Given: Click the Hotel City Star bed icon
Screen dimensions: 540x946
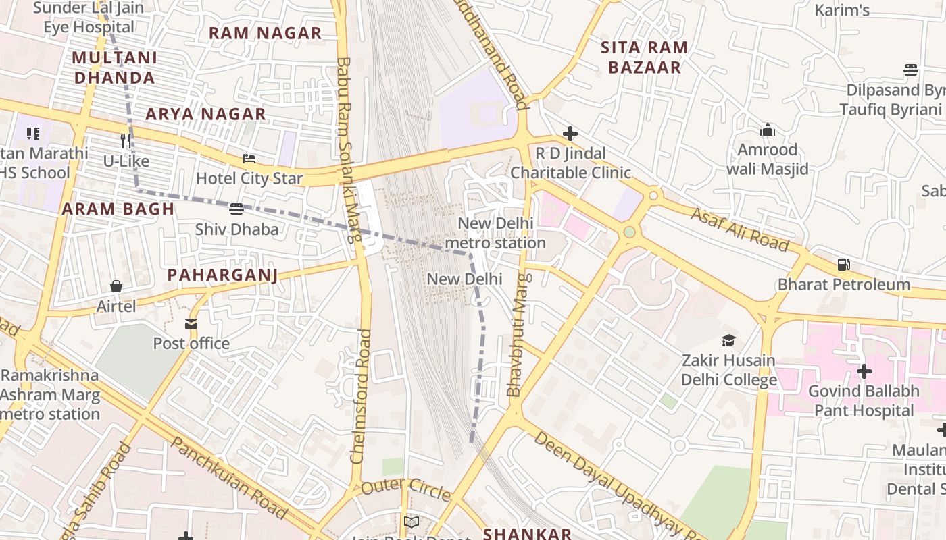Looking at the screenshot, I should [x=249, y=159].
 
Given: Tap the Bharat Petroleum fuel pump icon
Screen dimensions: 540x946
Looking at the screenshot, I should [x=843, y=265].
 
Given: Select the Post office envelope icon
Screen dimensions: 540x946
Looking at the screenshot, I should [x=191, y=324].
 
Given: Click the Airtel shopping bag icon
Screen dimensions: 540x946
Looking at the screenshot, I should [x=116, y=287].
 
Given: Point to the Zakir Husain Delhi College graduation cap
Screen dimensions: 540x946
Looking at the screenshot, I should [x=728, y=340].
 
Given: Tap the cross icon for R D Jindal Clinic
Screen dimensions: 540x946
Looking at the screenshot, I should [x=570, y=134].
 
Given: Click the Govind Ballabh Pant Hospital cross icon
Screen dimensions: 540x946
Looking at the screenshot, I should [x=864, y=371].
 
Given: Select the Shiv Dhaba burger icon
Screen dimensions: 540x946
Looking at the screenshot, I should [x=236, y=209].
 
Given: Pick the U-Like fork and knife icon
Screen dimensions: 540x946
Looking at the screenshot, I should [x=126, y=141].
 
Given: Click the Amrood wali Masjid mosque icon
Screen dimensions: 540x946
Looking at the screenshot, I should [x=768, y=130].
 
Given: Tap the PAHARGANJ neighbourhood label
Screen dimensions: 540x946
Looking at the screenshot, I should [x=222, y=275].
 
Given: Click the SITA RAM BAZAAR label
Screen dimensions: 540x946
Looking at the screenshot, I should [x=644, y=57].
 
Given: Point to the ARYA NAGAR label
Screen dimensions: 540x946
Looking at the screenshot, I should [x=205, y=114].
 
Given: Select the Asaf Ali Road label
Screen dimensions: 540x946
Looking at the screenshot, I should [x=739, y=230].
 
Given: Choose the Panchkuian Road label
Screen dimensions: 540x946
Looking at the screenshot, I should [x=230, y=477].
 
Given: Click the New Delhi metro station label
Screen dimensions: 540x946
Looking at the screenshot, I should [x=495, y=233].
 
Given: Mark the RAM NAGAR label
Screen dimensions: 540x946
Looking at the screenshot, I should [x=265, y=33].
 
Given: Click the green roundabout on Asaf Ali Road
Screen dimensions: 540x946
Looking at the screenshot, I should [x=630, y=232].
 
